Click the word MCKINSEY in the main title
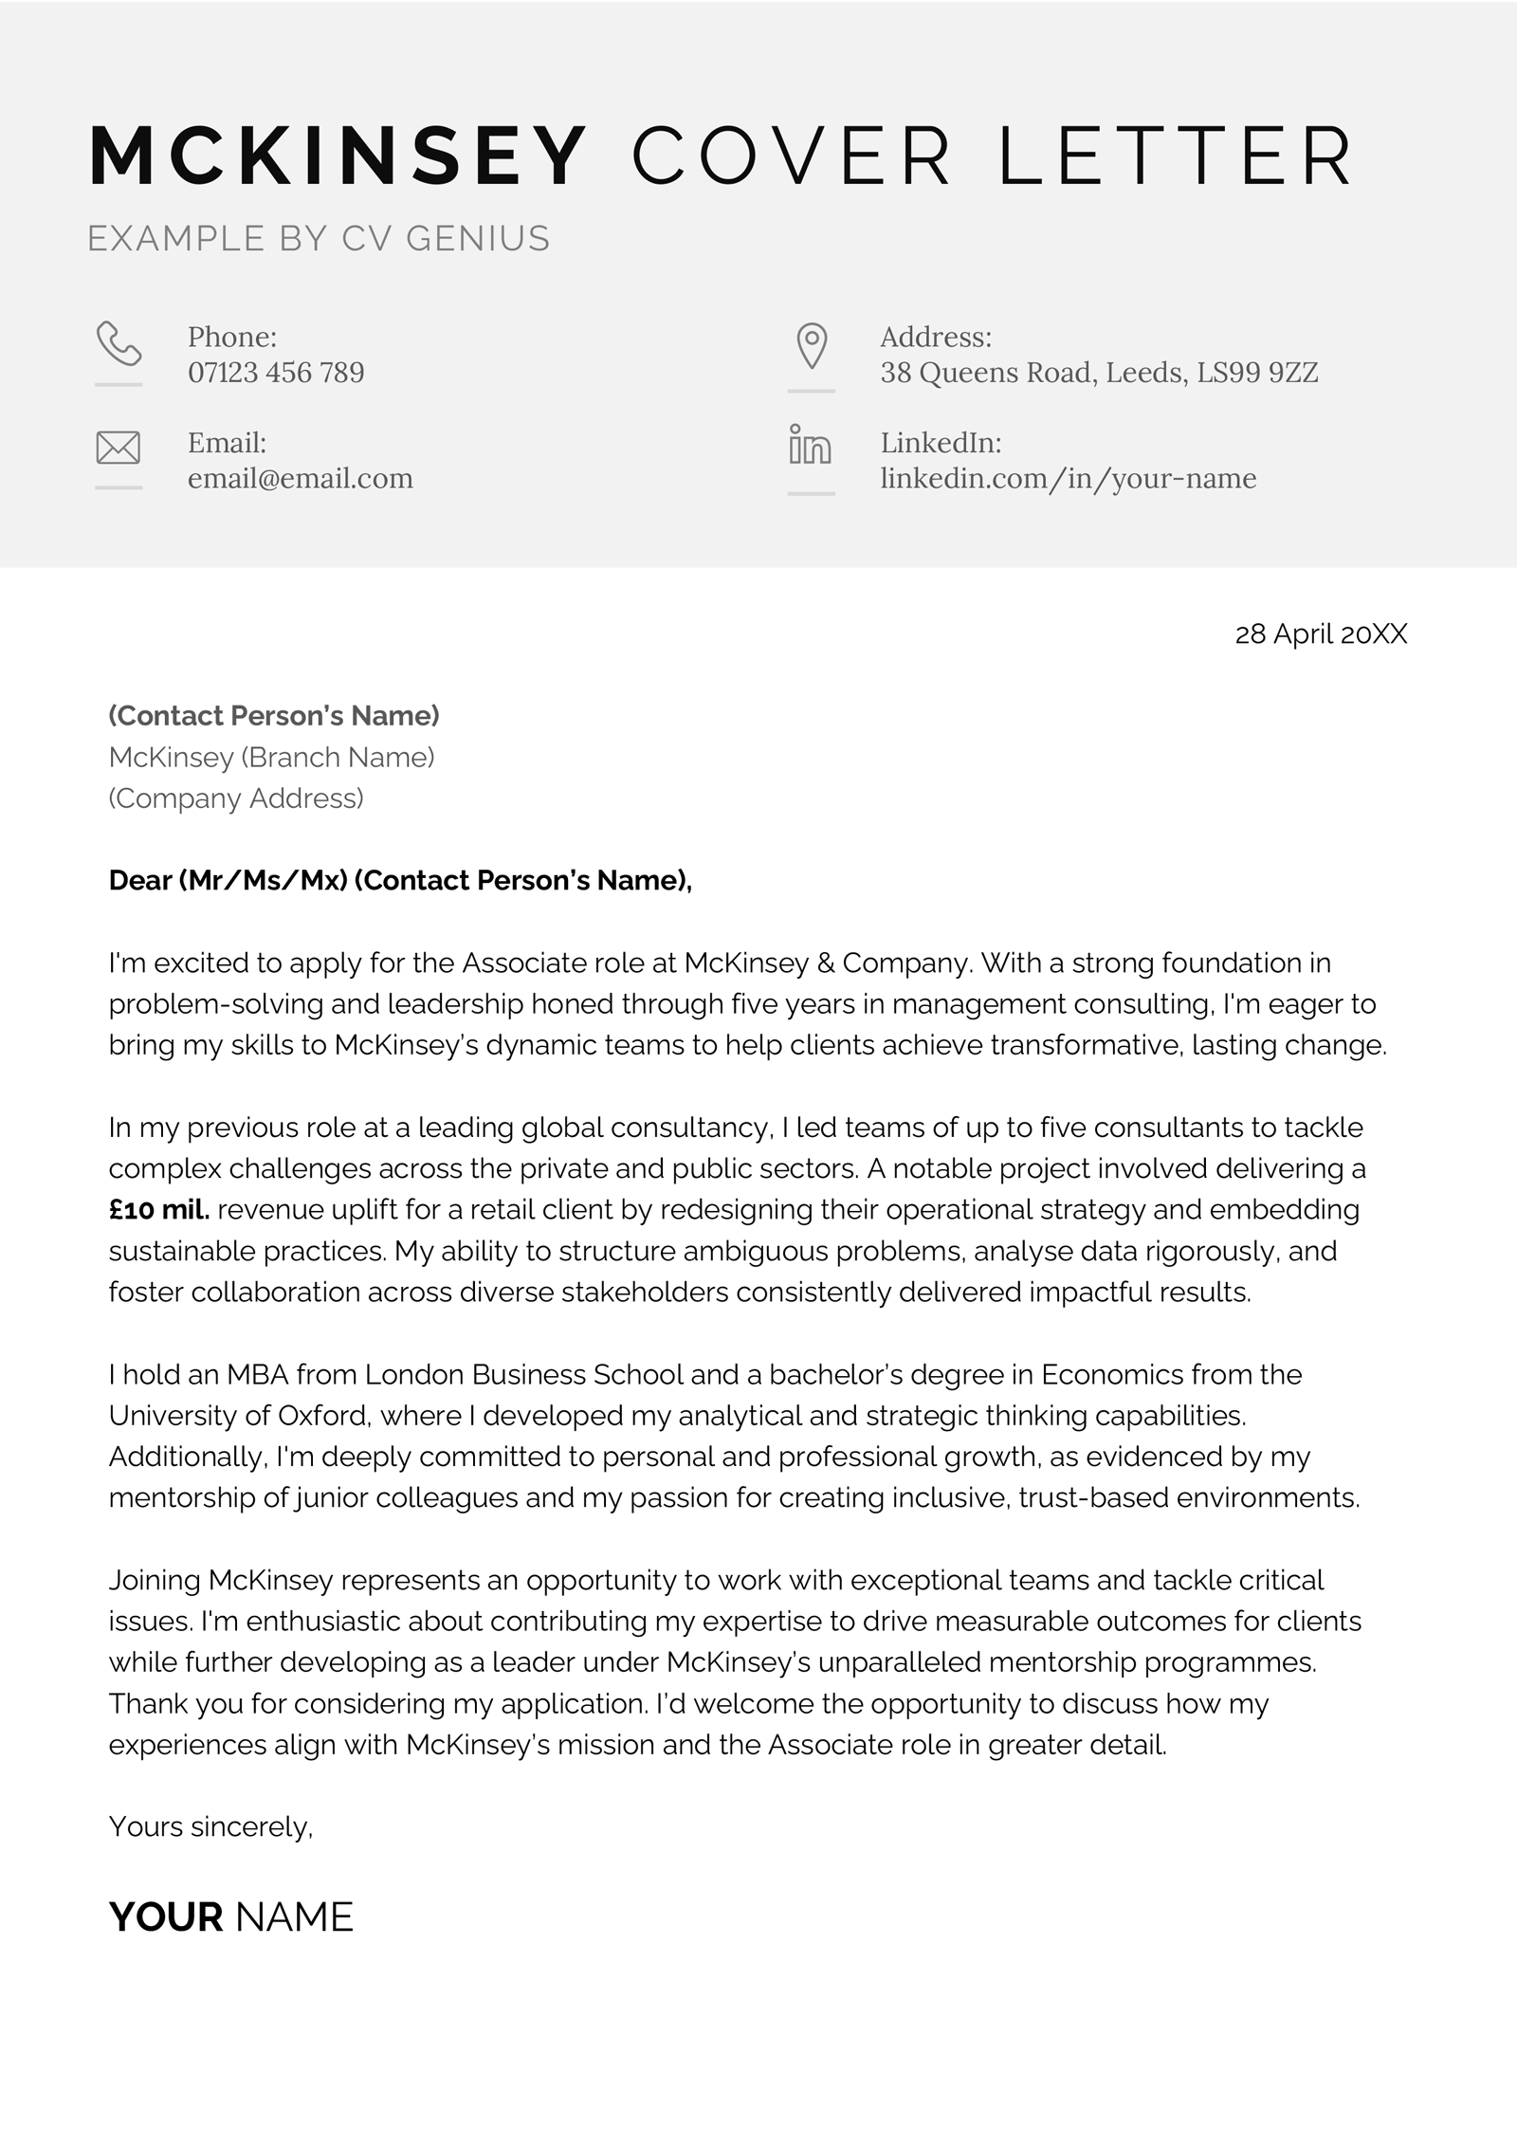pos(338,156)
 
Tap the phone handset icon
pos(119,343)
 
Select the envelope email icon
pos(119,448)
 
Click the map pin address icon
pos(812,345)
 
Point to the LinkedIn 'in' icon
pos(810,445)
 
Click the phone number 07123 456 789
pos(276,373)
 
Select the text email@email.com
pos(300,478)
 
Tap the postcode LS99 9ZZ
pos(1257,373)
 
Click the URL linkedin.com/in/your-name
pos(1068,478)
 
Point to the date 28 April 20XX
pos(1321,634)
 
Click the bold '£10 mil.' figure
pos(159,1210)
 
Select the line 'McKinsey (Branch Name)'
pos(271,757)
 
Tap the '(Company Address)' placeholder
pos(236,798)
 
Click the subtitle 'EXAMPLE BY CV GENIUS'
pos(319,238)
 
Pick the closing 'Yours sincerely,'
pos(210,1826)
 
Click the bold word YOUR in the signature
pos(166,1917)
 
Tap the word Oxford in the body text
pos(322,1416)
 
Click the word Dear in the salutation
pos(139,880)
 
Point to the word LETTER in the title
pos(1176,156)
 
